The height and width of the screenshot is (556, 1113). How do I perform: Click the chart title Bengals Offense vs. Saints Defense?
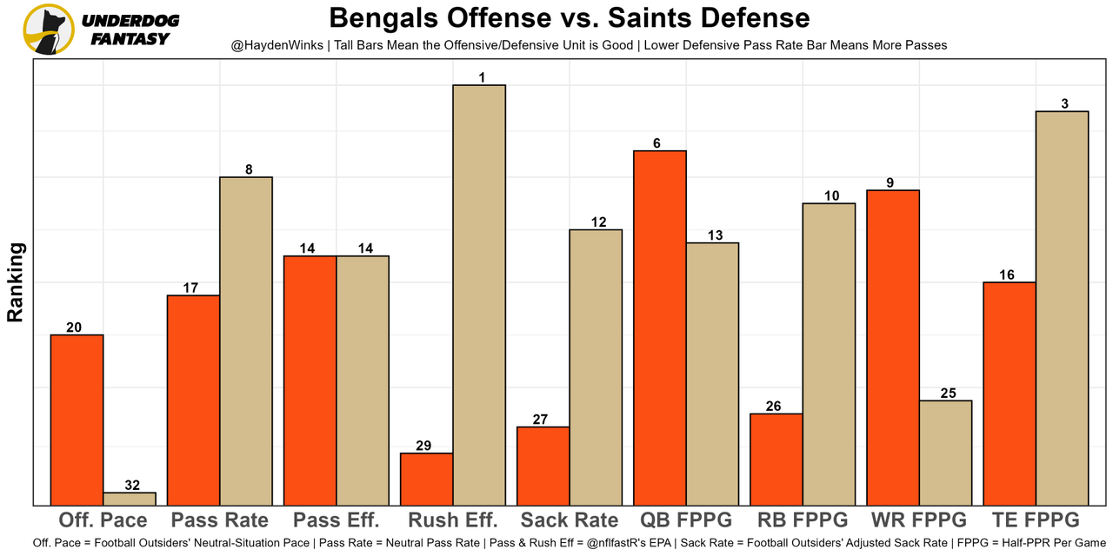(570, 17)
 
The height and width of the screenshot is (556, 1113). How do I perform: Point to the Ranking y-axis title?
(16, 282)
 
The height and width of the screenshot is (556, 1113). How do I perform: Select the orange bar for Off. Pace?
(77, 420)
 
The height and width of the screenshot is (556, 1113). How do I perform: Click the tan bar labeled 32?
(130, 499)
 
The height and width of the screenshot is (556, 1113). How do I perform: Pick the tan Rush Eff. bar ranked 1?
(479, 295)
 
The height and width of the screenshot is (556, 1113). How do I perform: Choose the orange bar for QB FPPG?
(660, 328)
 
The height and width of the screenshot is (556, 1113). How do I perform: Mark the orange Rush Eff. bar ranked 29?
(426, 479)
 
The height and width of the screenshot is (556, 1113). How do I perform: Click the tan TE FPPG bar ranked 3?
(1063, 308)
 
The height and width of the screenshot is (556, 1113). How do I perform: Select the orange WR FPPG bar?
(893, 347)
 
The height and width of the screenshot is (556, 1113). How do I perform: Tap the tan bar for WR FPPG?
(946, 453)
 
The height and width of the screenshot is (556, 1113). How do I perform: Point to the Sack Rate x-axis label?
(570, 520)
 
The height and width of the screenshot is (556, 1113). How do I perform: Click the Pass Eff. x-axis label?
(337, 520)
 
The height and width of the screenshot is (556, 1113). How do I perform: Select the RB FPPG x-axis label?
(803, 520)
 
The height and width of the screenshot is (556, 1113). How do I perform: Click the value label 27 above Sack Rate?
(540, 420)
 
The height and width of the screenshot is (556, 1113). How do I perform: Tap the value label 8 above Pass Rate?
(249, 170)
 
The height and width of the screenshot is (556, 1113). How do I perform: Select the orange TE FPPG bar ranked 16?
(1010, 393)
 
